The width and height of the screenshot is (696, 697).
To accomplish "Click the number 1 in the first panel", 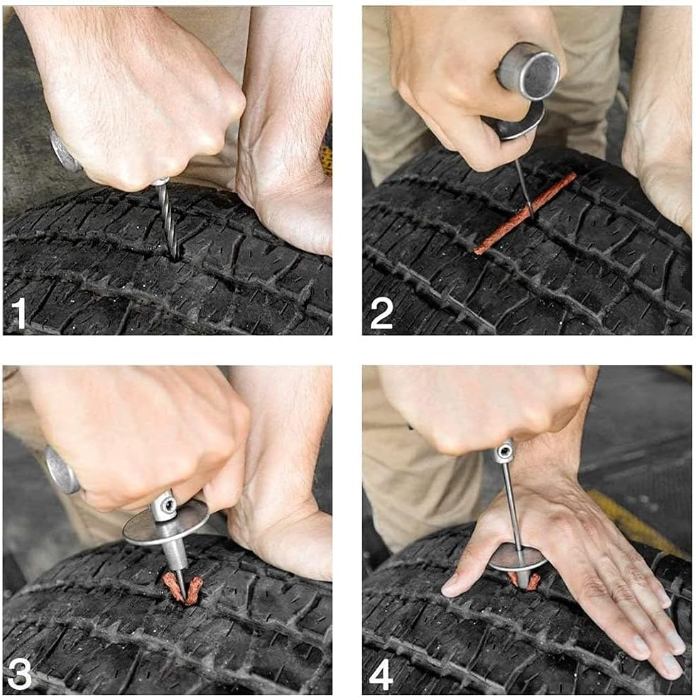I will click(x=18, y=313).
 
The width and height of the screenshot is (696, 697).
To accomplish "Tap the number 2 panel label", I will click(x=381, y=313).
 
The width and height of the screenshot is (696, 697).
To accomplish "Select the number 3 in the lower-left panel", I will click(x=19, y=674).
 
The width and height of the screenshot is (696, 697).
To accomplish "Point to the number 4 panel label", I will click(x=381, y=674).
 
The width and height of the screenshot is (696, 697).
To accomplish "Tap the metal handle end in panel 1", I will click(x=64, y=150).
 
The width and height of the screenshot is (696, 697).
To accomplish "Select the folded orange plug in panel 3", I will click(x=182, y=589).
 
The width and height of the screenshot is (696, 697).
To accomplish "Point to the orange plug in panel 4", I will click(x=525, y=581).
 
